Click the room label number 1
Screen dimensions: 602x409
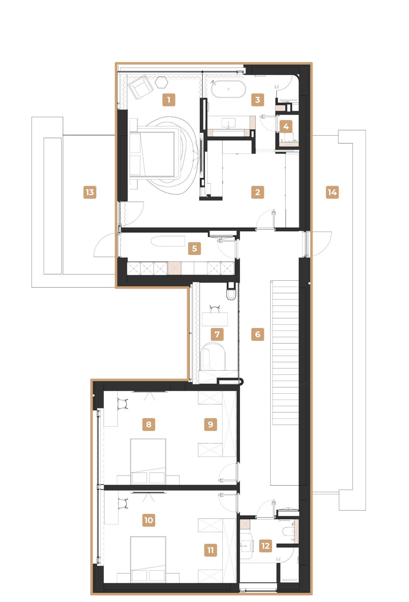click(169, 100)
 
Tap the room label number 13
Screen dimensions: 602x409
click(90, 192)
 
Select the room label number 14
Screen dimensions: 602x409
click(332, 192)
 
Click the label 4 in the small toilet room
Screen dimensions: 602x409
click(286, 126)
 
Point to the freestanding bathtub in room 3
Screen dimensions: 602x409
click(228, 89)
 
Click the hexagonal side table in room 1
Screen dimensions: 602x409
click(162, 82)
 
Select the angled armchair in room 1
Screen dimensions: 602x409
click(141, 86)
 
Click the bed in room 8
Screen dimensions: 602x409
click(148, 461)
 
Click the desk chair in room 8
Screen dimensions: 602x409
click(123, 404)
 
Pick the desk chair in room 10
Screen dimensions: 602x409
click(123, 503)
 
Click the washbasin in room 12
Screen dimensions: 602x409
click(246, 546)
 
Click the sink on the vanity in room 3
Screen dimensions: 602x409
click(229, 123)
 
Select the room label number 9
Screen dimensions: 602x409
click(211, 424)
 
